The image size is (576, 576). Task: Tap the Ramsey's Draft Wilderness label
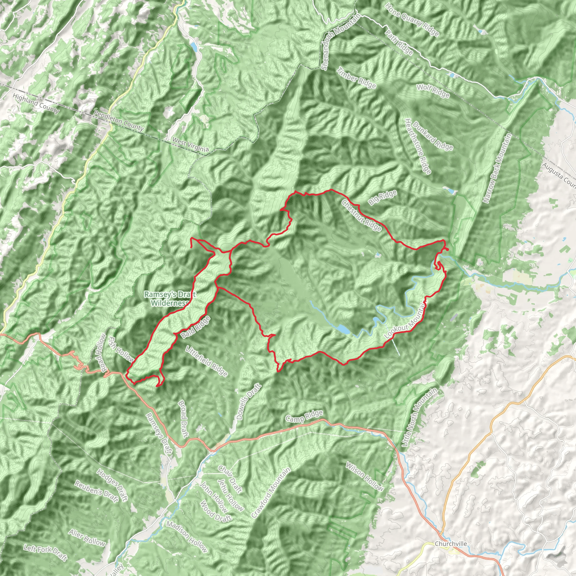coord(170,299)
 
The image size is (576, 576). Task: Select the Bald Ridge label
coord(195,327)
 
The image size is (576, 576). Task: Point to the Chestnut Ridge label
coord(362,215)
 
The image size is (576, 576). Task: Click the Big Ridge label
coord(382,197)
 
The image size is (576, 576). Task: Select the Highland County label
coord(36,103)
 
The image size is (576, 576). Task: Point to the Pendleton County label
coord(119,121)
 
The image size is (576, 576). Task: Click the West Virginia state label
coord(190,145)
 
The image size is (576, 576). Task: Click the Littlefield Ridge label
coord(207,361)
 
